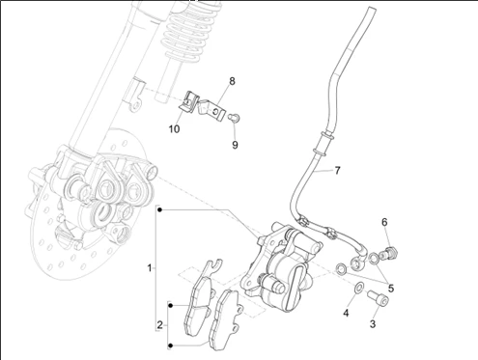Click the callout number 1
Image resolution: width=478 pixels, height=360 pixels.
pyautogui.click(x=150, y=267)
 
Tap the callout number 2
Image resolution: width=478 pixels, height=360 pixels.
pyautogui.click(x=160, y=325)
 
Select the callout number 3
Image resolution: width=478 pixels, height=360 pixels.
pyautogui.click(x=373, y=324)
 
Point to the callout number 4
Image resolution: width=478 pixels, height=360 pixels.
pyautogui.click(x=346, y=313)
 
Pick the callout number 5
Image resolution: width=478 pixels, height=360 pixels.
pyautogui.click(x=391, y=289)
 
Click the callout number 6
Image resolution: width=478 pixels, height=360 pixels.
pyautogui.click(x=384, y=222)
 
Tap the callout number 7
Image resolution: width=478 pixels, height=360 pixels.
pyautogui.click(x=337, y=170)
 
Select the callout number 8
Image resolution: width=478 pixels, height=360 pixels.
pyautogui.click(x=232, y=81)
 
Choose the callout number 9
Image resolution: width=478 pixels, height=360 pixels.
pyautogui.click(x=235, y=145)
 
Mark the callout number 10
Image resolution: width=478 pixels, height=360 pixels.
pyautogui.click(x=174, y=129)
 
